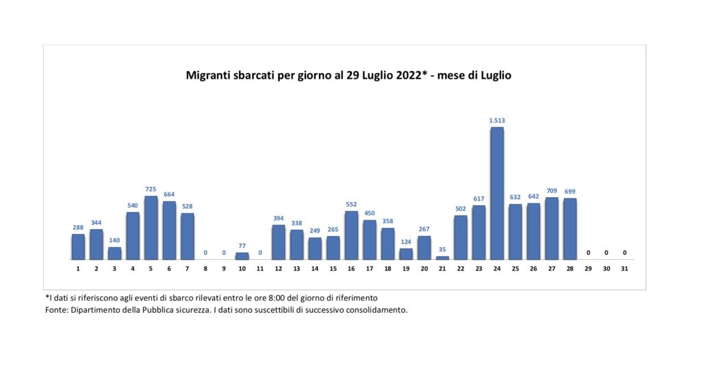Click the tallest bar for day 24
497,194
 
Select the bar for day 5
151,228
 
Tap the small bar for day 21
442,258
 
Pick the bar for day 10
242,256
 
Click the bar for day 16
351,235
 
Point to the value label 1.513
497,120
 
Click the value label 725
151,190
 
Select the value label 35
442,250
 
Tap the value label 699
570,192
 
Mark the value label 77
242,246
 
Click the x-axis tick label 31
624,268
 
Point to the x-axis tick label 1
78,268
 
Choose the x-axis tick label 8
205,268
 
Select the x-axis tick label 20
424,268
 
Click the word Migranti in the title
209,75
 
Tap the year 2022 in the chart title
407,75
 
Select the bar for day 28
570,229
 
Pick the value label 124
406,242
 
